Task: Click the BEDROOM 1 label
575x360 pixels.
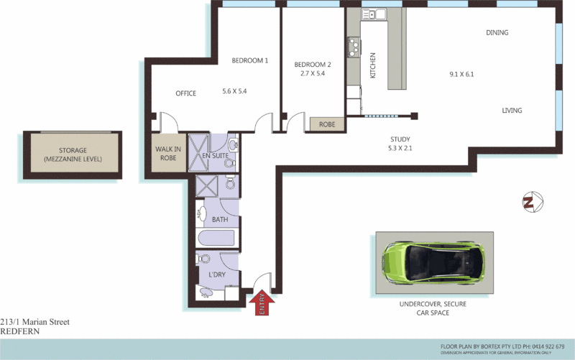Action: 249,61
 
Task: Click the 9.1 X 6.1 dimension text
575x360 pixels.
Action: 461,74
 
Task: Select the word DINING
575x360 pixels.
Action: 497,33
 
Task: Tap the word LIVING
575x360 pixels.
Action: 512,111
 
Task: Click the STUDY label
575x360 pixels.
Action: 400,139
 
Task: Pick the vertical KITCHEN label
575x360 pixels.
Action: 372,66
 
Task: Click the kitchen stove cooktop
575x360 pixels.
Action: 353,47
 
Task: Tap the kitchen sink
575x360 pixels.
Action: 374,14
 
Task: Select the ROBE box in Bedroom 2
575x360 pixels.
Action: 327,124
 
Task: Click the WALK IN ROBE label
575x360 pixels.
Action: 167,153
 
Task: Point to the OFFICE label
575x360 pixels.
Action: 186,93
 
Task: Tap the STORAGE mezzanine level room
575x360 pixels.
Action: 73,154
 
